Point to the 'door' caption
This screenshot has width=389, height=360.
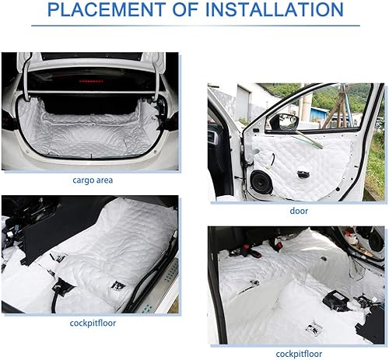tap(298, 211)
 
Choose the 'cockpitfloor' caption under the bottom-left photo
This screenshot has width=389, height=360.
tap(92, 323)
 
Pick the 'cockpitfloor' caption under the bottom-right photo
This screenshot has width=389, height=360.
tap(298, 355)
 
